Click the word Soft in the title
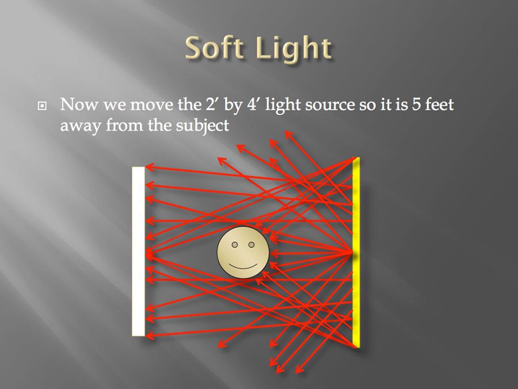pyautogui.click(x=218, y=49)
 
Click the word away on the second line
pyautogui.click(x=77, y=125)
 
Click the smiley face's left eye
pyautogui.click(x=235, y=245)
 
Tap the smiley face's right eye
pyautogui.click(x=252, y=245)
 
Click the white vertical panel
pyautogui.click(x=138, y=251)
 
